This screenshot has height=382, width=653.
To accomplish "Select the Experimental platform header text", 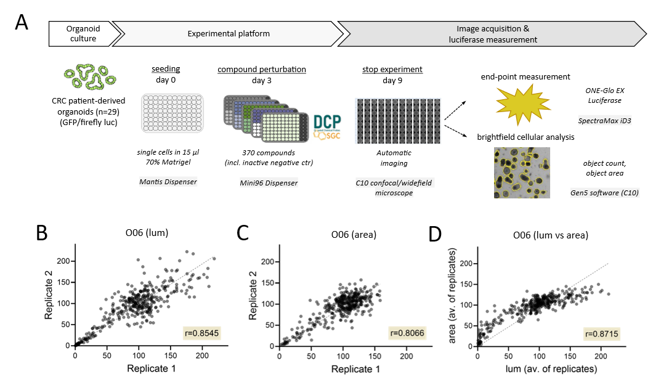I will pos(229,34).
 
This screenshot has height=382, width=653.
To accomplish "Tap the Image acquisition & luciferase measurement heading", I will pos(493,34).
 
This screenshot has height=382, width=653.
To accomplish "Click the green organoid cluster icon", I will pos(90,76).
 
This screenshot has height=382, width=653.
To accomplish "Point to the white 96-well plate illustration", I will pos(172,113).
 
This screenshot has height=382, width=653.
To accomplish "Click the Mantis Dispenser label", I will pos(168,182).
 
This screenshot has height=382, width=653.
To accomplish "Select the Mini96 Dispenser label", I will pos(269,182).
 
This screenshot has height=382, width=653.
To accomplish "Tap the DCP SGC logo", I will pos(328,128).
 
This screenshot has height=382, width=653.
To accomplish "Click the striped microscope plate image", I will pos(399,121).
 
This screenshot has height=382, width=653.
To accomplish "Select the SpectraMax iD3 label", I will pos(605,121).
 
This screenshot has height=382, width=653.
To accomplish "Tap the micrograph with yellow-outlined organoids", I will pos(522,173).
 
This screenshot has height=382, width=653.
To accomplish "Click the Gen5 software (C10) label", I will pos(605,193).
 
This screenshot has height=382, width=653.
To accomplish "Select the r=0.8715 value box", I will pos(602,334).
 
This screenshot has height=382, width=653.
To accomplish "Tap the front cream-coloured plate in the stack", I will pos(285,128).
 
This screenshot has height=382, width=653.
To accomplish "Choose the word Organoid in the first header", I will pos(83,29).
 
